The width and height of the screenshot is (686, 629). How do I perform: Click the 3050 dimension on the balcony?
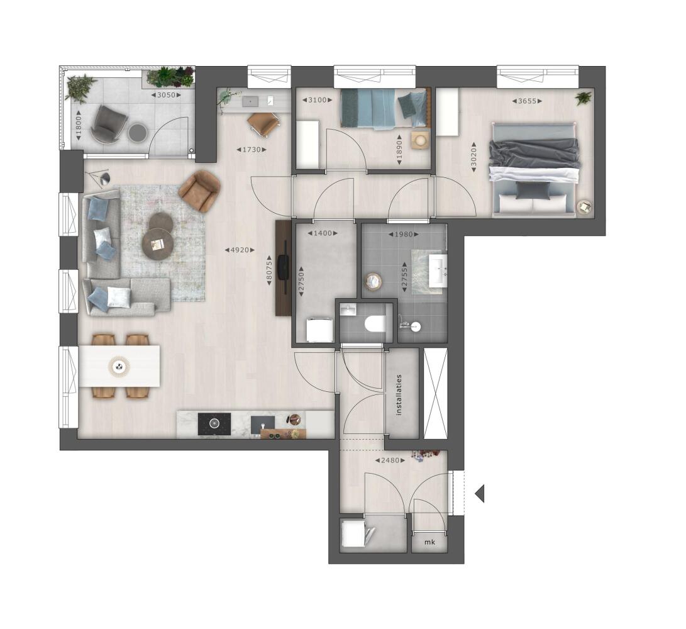pyautogui.click(x=166, y=95)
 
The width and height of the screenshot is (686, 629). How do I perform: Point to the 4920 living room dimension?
pyautogui.click(x=240, y=250)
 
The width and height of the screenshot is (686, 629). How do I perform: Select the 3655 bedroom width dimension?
pyautogui.click(x=527, y=101)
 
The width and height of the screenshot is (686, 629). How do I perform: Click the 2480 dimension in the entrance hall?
pyautogui.click(x=390, y=460)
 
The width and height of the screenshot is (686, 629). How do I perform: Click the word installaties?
pyautogui.click(x=398, y=394)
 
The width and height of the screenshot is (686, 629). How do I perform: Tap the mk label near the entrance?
pyautogui.click(x=429, y=542)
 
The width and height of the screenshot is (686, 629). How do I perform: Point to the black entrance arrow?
pyautogui.click(x=480, y=494)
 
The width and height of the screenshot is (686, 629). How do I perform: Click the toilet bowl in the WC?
pyautogui.click(x=375, y=324)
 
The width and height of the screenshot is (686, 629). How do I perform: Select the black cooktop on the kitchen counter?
pyautogui.click(x=214, y=424)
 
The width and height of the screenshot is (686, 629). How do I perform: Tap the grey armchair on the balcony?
pyautogui.click(x=108, y=125)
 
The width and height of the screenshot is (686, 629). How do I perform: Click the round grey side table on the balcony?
pyautogui.click(x=137, y=132)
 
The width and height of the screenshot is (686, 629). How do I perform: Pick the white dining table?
pyautogui.click(x=119, y=366)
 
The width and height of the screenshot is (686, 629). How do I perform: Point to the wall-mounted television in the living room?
pyautogui.click(x=284, y=267)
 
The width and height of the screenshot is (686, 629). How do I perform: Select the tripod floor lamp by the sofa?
pyautogui.click(x=99, y=178)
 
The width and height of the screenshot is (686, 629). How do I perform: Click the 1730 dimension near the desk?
pyautogui.click(x=252, y=150)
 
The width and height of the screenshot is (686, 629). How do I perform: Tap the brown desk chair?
pyautogui.click(x=263, y=122)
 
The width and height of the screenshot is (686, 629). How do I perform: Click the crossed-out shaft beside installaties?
pyautogui.click(x=436, y=394)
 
